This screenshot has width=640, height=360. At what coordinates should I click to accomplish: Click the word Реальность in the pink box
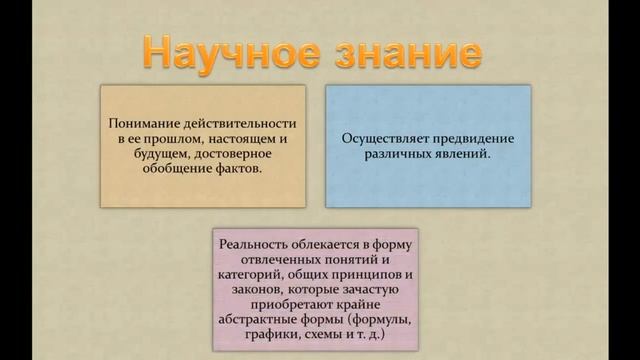point(257,243)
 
